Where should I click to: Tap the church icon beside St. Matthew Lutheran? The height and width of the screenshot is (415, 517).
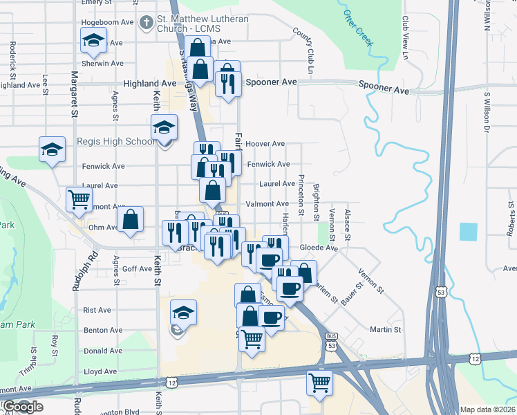[146, 23]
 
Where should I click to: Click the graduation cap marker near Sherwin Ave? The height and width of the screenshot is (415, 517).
[93, 41]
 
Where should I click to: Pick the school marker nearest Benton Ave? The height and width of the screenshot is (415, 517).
[183, 313]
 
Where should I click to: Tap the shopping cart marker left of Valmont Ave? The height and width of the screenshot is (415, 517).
[79, 199]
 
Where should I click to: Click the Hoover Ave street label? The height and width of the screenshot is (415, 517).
[265, 144]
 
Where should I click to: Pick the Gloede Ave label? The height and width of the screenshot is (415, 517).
[318, 248]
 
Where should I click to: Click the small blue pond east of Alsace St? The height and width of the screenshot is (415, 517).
[468, 232]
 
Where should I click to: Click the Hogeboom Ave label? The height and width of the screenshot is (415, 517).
[107, 22]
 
